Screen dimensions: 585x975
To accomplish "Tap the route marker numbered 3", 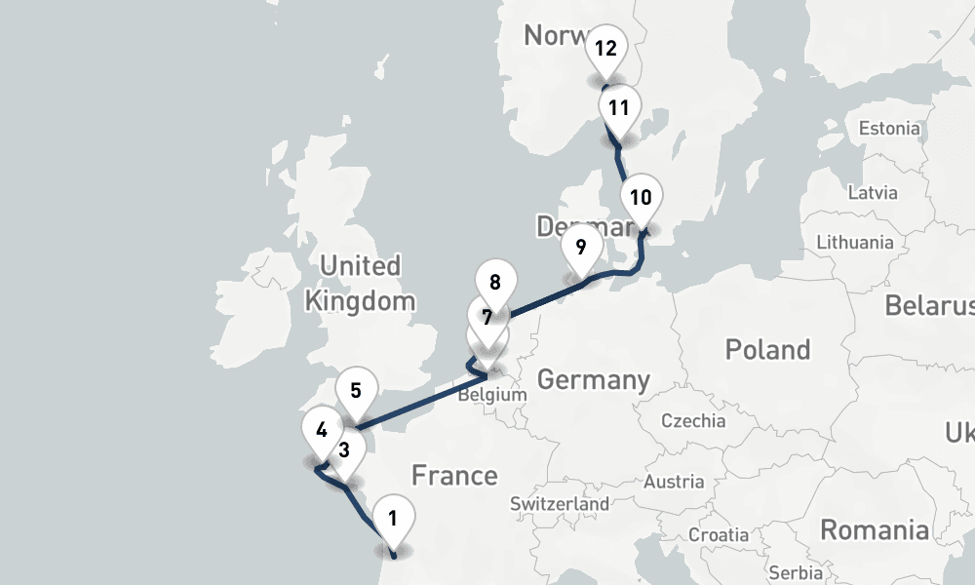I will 344,451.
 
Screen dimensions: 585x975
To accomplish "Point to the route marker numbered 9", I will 581,248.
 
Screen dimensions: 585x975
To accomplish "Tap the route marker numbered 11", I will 618,108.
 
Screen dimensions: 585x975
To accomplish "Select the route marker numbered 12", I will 605,48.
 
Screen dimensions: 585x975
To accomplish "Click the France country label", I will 454,476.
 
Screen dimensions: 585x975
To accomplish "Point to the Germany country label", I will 593,379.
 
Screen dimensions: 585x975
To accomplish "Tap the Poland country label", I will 767,349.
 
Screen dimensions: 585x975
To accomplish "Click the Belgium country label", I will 491,396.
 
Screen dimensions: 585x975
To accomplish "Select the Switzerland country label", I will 560,504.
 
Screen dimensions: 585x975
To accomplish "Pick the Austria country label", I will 674,482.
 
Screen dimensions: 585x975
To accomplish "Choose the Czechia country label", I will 693,421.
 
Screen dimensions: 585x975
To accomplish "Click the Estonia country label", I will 888,128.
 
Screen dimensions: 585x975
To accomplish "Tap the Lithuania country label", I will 855,242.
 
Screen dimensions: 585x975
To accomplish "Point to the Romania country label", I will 874,529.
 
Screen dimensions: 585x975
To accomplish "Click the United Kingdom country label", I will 361,283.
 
